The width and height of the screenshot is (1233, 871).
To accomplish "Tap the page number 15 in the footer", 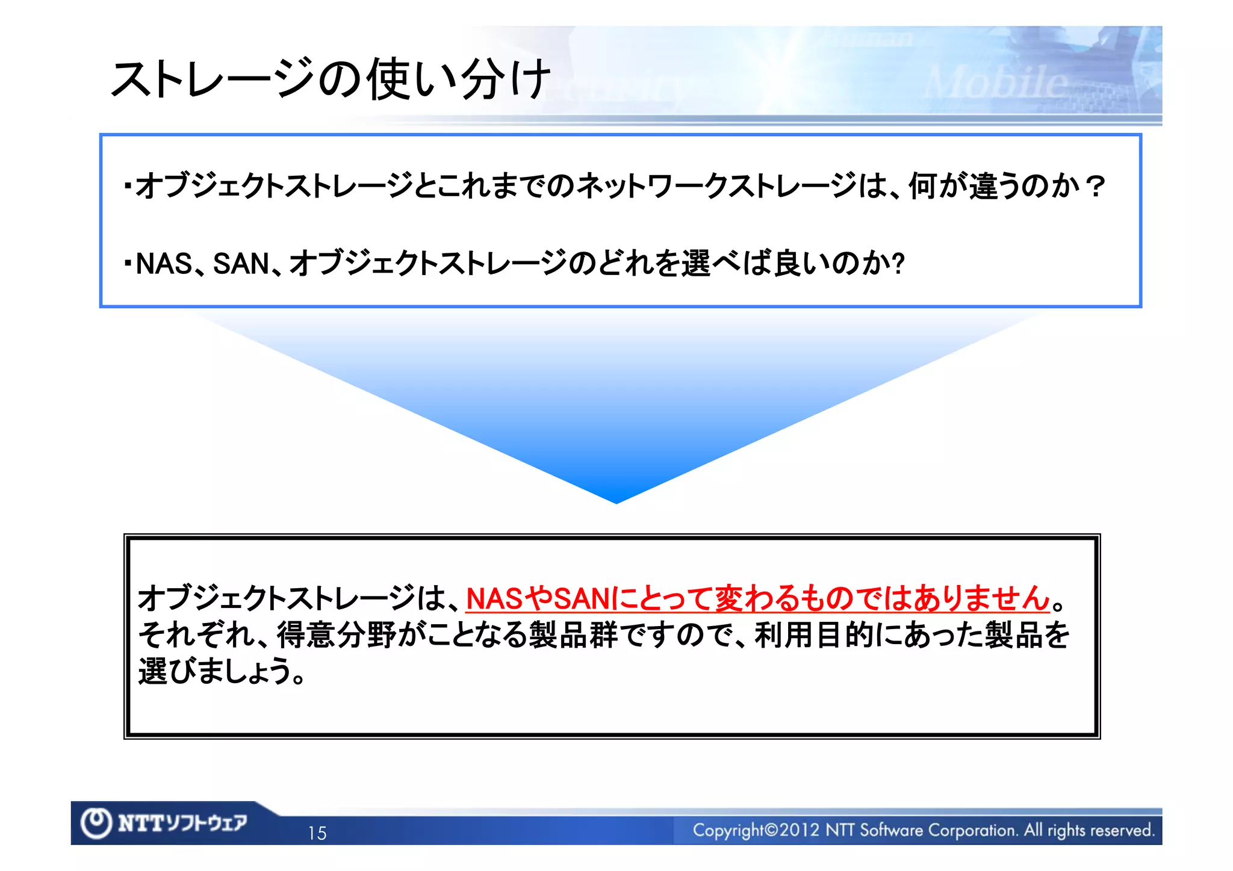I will (x=317, y=833).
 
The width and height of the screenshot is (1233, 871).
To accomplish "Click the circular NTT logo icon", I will (x=96, y=823).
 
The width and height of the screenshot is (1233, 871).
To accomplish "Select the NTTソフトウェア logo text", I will (x=182, y=823).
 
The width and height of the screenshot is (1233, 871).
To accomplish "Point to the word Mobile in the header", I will (x=996, y=82).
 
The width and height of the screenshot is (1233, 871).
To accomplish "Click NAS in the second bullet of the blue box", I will (x=164, y=264).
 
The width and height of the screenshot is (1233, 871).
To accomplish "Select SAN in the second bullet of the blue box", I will (x=241, y=264).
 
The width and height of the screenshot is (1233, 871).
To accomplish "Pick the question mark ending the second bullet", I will (x=898, y=264).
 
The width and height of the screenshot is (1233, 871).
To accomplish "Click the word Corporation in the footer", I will (x=971, y=830).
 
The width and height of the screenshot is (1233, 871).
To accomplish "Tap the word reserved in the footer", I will (x=1123, y=830).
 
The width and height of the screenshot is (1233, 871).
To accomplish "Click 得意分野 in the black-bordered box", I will (x=336, y=635).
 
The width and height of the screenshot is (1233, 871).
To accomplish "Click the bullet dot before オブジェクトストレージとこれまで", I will (x=128, y=185).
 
